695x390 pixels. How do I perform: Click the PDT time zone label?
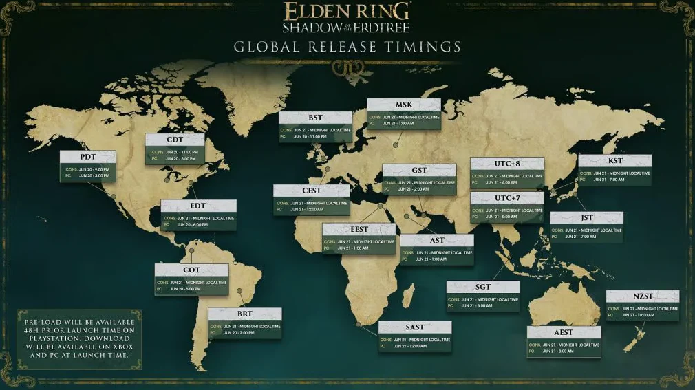[x=87, y=157]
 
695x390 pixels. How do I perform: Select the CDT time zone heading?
[x=175, y=140]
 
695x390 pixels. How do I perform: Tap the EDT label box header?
[x=198, y=206]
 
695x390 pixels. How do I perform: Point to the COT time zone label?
[x=191, y=270]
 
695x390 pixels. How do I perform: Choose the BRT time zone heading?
[x=245, y=314]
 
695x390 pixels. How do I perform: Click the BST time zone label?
[x=315, y=118]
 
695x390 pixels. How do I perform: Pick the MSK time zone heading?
[x=404, y=105]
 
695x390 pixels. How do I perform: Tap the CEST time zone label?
[x=312, y=191]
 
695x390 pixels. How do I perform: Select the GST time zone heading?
[x=419, y=171]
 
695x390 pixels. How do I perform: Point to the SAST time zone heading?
[x=415, y=327]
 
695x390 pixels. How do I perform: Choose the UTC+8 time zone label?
[x=507, y=164]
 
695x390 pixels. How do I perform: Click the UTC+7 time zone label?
[x=507, y=198]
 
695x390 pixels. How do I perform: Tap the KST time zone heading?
[x=614, y=161]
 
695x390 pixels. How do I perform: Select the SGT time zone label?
[x=483, y=287]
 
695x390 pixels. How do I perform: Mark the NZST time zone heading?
[x=643, y=296]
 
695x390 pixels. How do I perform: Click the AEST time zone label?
[x=564, y=332]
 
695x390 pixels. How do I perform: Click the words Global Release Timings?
[x=347, y=47]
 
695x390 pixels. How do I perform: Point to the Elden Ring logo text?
[x=347, y=12]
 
